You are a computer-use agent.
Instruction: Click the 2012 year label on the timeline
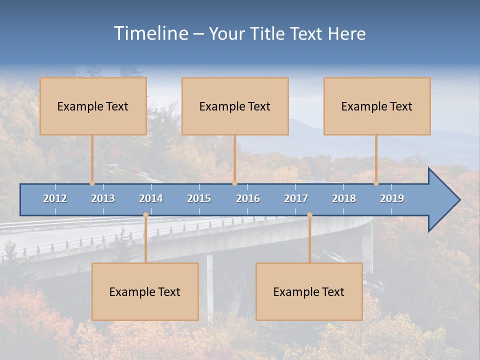[x=55, y=198]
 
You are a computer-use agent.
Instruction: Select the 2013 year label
[x=103, y=198]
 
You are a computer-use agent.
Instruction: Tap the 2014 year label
[x=151, y=198]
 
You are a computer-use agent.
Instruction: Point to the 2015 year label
[x=199, y=198]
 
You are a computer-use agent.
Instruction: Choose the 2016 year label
[x=248, y=198]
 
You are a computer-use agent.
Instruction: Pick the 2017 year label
[x=296, y=198]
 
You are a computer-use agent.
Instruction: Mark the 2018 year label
[x=344, y=198]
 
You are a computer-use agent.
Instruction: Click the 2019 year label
[x=392, y=198]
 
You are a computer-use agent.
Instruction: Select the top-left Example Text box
[x=93, y=106]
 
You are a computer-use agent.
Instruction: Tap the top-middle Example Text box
[x=235, y=106]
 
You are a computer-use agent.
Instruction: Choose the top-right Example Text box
[x=377, y=106]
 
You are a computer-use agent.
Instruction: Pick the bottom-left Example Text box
[x=145, y=291]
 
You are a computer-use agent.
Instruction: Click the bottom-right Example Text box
[x=309, y=291]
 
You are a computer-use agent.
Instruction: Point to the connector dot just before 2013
[x=92, y=183]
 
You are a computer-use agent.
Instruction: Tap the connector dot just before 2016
[x=234, y=183]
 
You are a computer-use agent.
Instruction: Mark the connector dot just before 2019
[x=376, y=183]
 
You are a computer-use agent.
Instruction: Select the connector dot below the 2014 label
[x=145, y=215]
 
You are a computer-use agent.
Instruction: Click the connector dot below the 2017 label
[x=309, y=215]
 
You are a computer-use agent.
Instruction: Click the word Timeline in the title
[x=150, y=33]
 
